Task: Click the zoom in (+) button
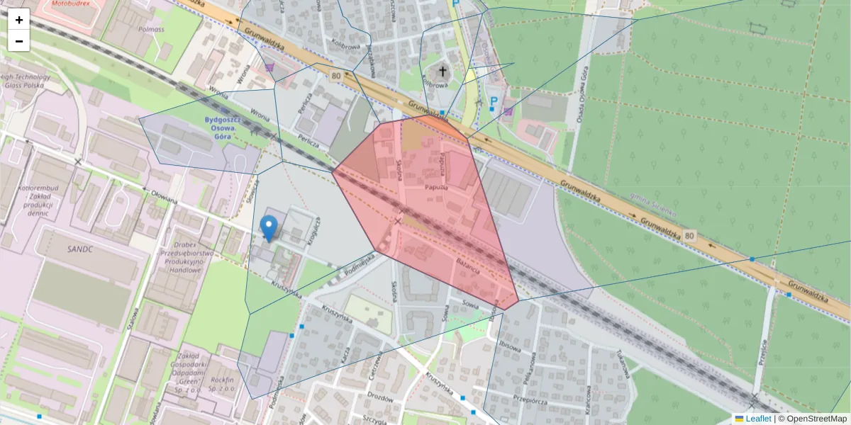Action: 19,20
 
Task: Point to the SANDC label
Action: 79,249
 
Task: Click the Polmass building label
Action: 151,29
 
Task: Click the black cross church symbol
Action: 443,72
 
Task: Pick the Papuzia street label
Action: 435,188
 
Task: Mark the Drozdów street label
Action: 380,397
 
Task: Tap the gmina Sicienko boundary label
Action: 652,205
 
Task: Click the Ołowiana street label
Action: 162,196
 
